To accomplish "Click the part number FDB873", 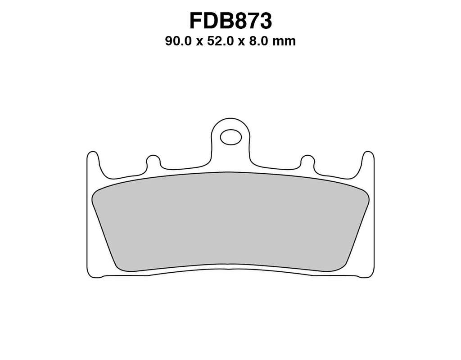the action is click(x=230, y=21).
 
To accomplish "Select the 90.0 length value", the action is click(x=178, y=41).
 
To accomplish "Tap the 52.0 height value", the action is click(x=221, y=41).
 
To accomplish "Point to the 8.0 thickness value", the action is click(x=258, y=41).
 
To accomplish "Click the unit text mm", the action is click(x=284, y=42).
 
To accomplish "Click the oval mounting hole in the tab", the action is click(x=231, y=137).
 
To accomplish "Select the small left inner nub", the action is click(x=153, y=162).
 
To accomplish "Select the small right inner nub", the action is click(x=307, y=162).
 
